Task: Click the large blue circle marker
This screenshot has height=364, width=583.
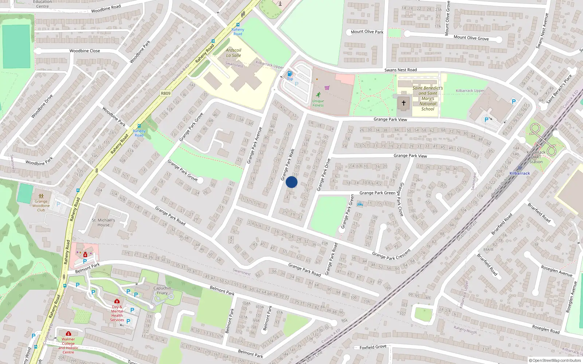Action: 291,182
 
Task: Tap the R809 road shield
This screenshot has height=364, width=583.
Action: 165,94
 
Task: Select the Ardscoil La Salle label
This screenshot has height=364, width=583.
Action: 234,53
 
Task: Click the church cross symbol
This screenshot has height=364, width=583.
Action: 404,103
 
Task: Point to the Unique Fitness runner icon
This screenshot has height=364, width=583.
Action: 318,95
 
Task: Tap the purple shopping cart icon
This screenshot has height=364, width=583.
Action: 327,88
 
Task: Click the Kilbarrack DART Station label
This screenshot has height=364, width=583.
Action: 536,157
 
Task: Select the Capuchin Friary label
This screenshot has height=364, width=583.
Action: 162,290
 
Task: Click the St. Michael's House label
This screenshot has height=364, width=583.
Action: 103,222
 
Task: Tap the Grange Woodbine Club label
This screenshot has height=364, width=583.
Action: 41,206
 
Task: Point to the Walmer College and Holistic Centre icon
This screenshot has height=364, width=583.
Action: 68,333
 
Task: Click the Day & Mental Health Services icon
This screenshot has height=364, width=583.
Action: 117,301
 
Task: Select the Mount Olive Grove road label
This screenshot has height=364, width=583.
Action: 471,37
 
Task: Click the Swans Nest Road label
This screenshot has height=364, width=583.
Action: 400,70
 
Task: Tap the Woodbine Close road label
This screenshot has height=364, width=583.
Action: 85,51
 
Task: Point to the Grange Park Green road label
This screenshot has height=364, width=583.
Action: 377,193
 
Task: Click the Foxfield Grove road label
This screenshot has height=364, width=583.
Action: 373,347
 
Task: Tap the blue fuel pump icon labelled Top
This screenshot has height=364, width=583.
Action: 290,74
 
